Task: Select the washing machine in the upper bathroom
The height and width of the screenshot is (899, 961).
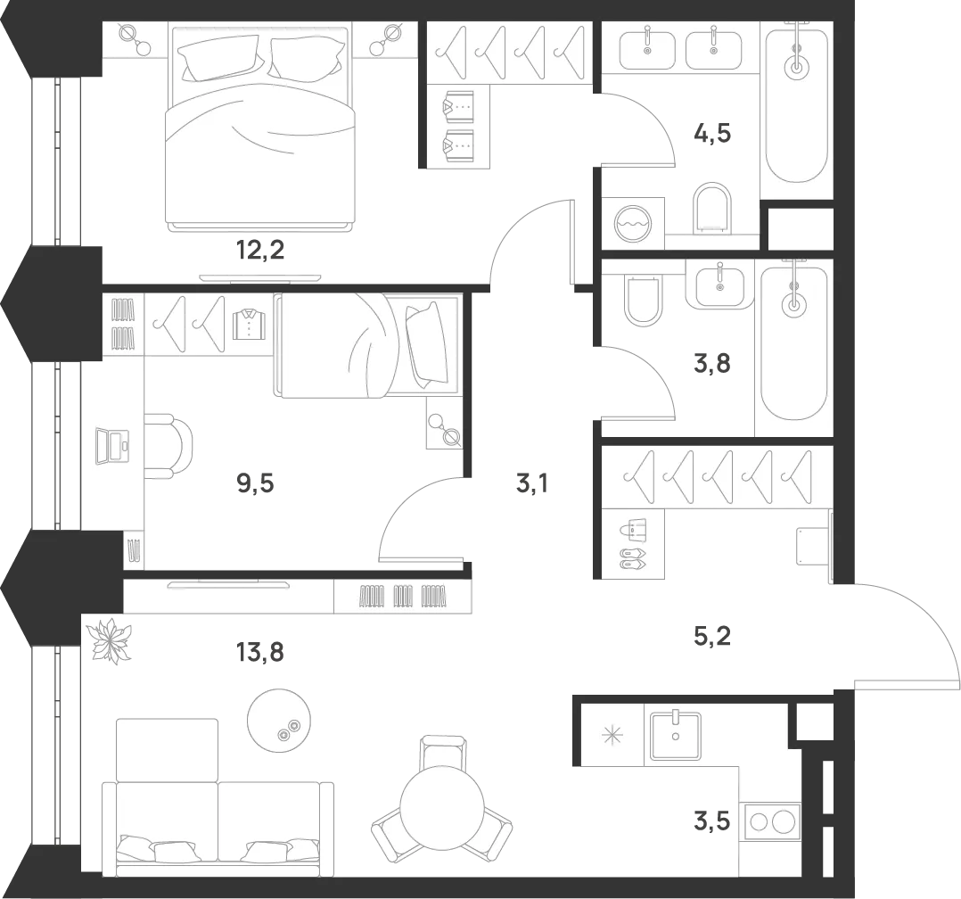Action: tap(634, 222)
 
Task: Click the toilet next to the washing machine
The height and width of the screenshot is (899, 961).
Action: tap(711, 207)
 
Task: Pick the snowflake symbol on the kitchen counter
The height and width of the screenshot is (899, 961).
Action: tap(612, 736)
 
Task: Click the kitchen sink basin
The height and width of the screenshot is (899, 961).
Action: tap(675, 733)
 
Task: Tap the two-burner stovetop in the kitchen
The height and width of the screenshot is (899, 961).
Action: tap(771, 821)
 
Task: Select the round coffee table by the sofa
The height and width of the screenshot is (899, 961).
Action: tap(280, 719)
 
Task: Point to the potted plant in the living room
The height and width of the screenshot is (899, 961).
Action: tap(111, 640)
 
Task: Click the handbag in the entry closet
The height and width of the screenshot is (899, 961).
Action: tap(633, 532)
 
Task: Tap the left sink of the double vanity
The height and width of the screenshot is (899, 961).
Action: tap(647, 48)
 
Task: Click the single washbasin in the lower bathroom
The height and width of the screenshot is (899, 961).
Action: tap(719, 284)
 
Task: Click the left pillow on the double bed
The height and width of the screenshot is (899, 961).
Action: tap(219, 58)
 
